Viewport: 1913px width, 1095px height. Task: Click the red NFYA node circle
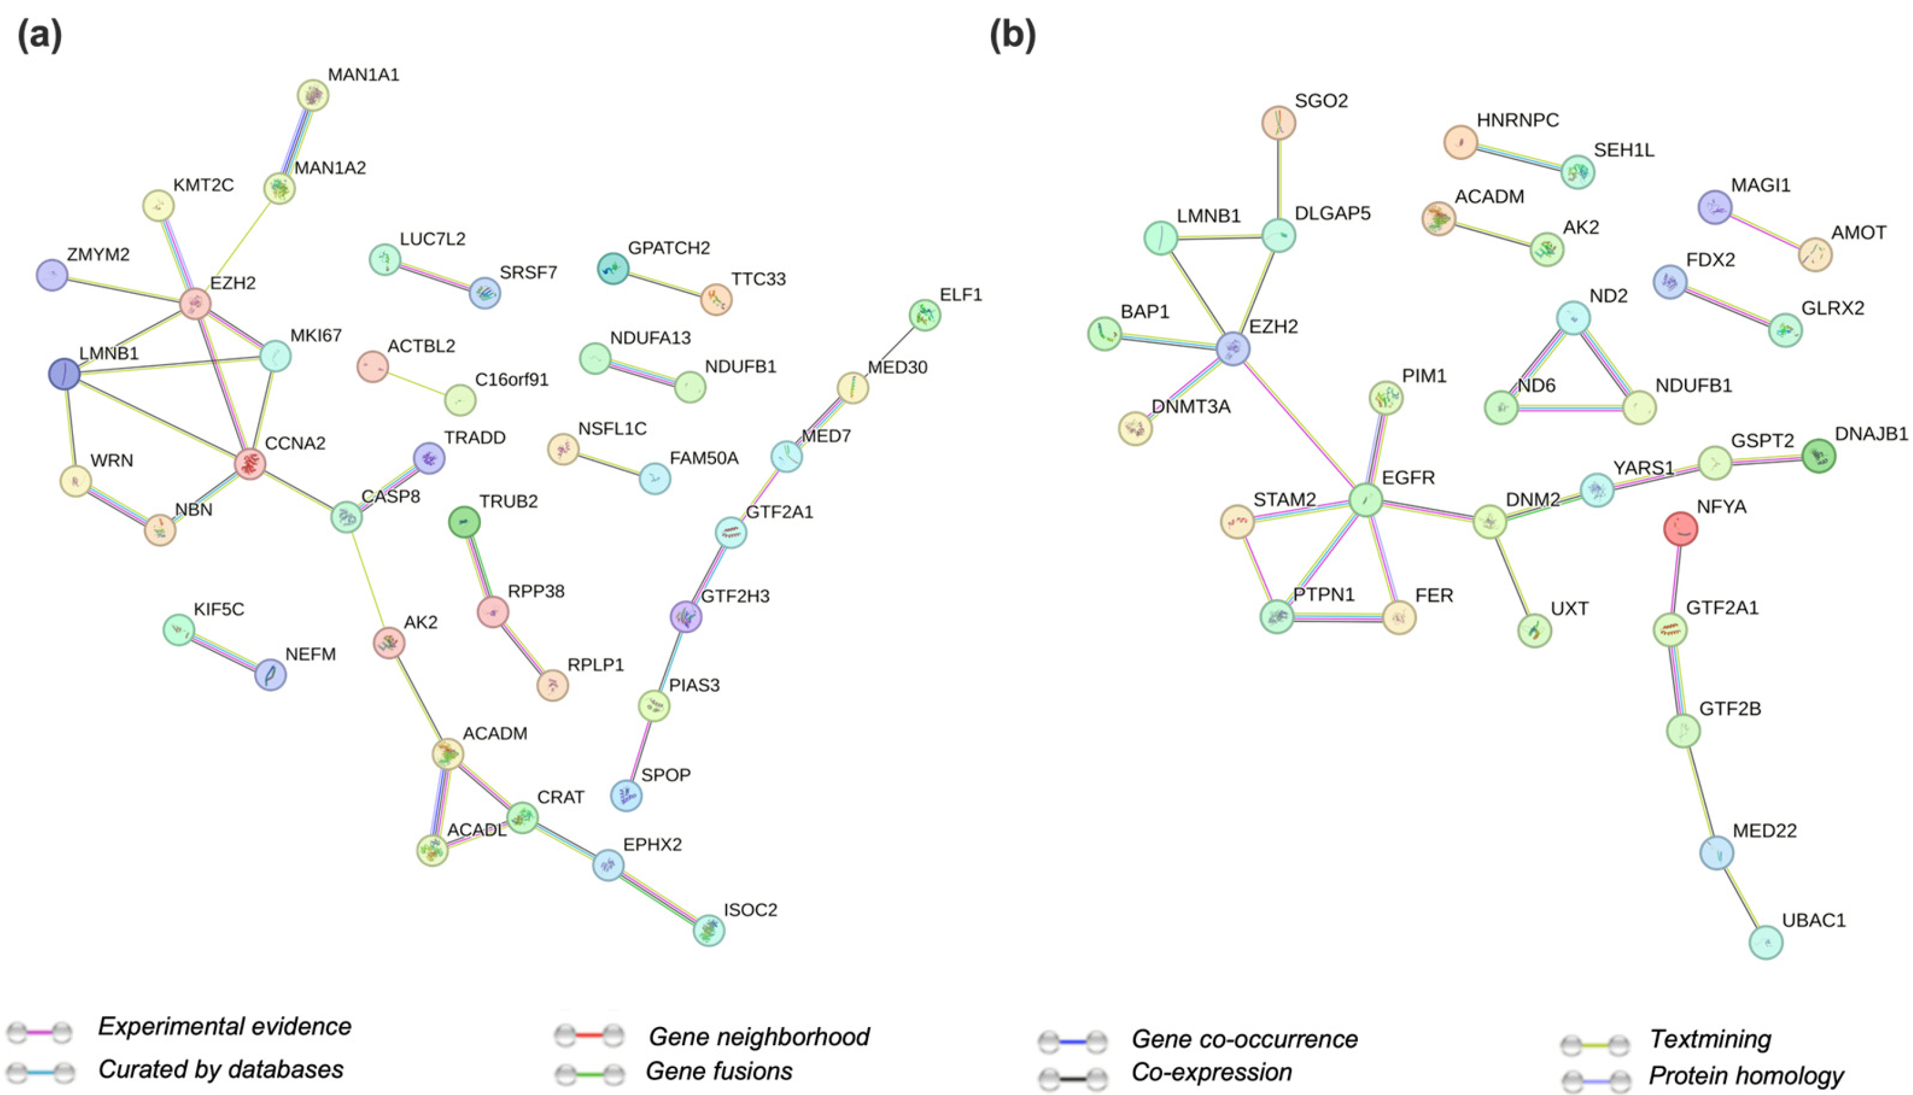[x=1680, y=529]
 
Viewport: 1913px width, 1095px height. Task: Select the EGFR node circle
[x=1365, y=499]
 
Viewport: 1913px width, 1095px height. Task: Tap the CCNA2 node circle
[x=250, y=464]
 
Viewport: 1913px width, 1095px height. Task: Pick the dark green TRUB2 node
[x=464, y=522]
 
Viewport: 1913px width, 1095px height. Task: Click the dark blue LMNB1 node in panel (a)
[x=64, y=374]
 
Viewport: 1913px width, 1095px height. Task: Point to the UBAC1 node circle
[x=1766, y=943]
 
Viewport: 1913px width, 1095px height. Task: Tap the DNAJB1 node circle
[x=1819, y=456]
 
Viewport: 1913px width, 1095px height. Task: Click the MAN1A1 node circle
[x=313, y=95]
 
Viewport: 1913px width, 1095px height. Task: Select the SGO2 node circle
[x=1279, y=122]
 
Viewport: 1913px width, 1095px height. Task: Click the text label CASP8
[x=390, y=497]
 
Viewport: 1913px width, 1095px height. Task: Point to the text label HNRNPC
[x=1517, y=120]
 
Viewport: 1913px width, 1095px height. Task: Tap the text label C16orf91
[x=512, y=380]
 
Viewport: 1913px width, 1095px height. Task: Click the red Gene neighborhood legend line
[x=590, y=1036]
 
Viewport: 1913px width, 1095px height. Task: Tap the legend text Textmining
[x=1710, y=1039]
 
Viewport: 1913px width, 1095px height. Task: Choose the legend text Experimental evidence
[x=224, y=1026]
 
